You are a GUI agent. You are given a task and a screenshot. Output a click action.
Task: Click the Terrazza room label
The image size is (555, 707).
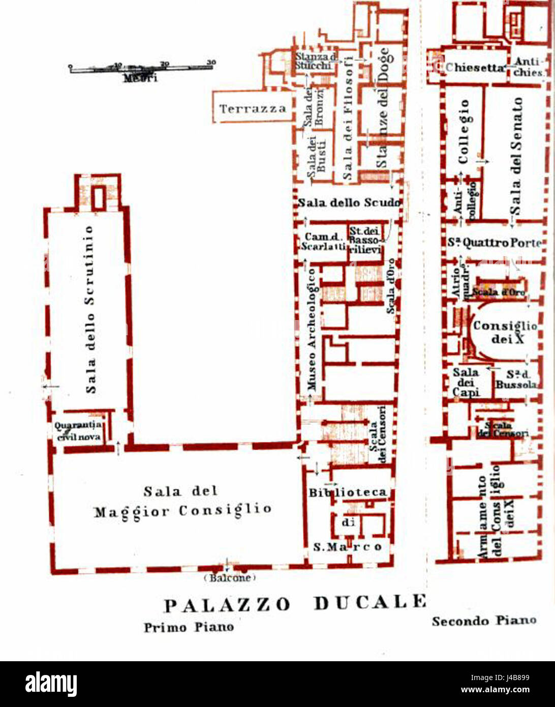tap(253, 108)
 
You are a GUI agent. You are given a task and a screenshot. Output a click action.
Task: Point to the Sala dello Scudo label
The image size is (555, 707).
tap(349, 202)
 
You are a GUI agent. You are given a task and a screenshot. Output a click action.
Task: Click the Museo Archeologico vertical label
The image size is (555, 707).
tap(312, 329)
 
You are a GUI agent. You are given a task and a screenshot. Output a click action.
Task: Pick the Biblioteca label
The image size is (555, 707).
tap(348, 492)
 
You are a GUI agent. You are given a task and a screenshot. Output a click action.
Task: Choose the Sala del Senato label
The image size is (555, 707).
tap(516, 156)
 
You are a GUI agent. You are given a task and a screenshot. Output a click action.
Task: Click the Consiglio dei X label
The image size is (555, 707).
tap(504, 332)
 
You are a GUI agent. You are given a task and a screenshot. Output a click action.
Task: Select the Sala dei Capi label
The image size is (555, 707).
tap(466, 382)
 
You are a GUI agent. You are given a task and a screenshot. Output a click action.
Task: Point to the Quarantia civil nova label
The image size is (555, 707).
tap(79, 431)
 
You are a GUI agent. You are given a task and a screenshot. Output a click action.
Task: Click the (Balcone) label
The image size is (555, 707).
tap(230, 578)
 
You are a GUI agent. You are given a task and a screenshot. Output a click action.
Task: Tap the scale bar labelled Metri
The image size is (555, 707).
tap(141, 68)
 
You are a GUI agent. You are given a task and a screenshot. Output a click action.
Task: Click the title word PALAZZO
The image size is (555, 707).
tap(227, 605)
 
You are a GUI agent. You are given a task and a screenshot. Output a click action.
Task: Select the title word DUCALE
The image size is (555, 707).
tap(369, 603)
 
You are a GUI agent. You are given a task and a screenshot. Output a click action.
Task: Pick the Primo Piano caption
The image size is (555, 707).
tap(189, 627)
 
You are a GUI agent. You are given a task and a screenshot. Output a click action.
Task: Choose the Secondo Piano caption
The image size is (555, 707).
tap(484, 621)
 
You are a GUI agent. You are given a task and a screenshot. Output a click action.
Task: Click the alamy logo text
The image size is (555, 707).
tap(51, 684)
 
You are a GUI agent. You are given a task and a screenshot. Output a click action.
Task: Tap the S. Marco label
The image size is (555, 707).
tap(347, 547)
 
